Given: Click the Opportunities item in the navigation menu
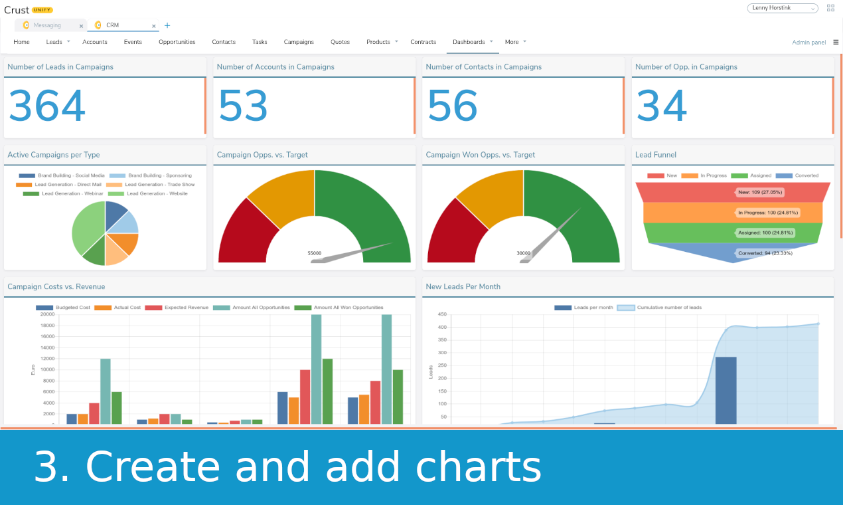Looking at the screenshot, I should pos(177,42).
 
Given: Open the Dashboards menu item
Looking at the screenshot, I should pos(469,42).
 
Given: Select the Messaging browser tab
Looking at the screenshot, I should pos(47,25).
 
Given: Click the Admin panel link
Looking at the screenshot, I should pos(808,43).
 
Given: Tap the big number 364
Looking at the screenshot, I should pos(47,106).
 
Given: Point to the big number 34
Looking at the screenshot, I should pos(662,106).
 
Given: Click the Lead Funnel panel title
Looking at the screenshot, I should pos(655,155).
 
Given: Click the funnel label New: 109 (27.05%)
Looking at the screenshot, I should pos(759,192).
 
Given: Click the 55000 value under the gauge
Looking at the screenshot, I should pos(315,253).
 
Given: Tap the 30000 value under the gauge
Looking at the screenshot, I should pos(524,253).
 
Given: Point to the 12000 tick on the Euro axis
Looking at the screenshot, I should pos(47,359).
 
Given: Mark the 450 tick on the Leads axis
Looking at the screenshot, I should pos(441,314).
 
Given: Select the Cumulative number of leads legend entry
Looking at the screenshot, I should pos(668,308).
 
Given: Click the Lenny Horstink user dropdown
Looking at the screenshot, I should pos(783,8).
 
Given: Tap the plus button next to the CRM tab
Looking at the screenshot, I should pos(167,26).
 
